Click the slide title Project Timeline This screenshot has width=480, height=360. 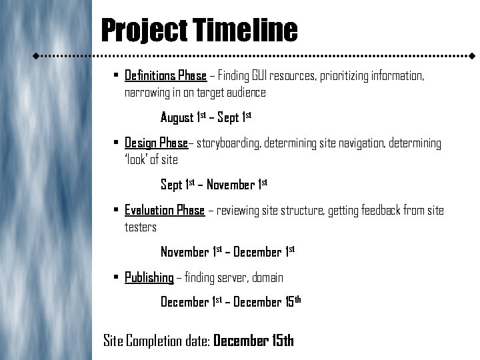coord(199,30)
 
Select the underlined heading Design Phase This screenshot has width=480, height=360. coord(156,143)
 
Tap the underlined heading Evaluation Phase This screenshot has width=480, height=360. coord(164,211)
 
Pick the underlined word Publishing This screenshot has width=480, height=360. coord(149,277)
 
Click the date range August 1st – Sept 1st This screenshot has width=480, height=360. coord(205,118)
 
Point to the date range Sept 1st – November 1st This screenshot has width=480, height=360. coord(213,185)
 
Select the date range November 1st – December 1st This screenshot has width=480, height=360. coord(227,252)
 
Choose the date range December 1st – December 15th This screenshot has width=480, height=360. coord(231,302)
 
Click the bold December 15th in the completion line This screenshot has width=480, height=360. coord(253,341)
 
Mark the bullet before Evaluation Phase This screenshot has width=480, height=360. coord(116,211)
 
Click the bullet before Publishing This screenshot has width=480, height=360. coord(116,277)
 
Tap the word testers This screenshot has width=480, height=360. coord(141,227)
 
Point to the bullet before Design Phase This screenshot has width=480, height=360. coord(116,143)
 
